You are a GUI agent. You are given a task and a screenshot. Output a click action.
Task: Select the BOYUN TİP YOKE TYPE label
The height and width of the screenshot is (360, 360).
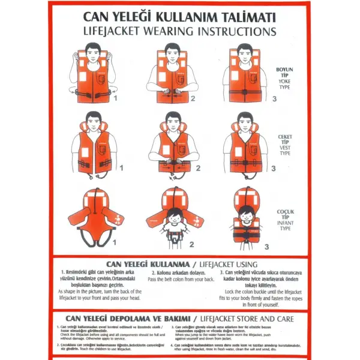pos(284,77)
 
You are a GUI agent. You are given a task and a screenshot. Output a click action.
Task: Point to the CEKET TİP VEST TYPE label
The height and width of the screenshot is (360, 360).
pos(284,145)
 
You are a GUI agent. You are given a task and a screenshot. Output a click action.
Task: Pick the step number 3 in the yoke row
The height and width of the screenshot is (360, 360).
pos(274,99)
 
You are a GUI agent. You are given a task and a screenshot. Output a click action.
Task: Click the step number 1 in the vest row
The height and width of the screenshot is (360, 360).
pos(121,168)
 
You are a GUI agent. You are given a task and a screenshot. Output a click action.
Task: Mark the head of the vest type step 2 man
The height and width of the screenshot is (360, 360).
pos(175,121)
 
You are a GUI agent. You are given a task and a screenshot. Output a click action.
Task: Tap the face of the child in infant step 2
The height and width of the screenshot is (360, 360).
pos(175,215)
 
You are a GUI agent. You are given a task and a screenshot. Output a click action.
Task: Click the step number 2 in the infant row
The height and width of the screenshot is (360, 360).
pos(192,245)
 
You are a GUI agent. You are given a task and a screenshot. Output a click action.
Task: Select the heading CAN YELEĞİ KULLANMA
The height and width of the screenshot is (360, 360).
pos(143,264)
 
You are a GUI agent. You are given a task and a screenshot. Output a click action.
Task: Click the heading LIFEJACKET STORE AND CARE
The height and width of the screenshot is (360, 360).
pos(246,318)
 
